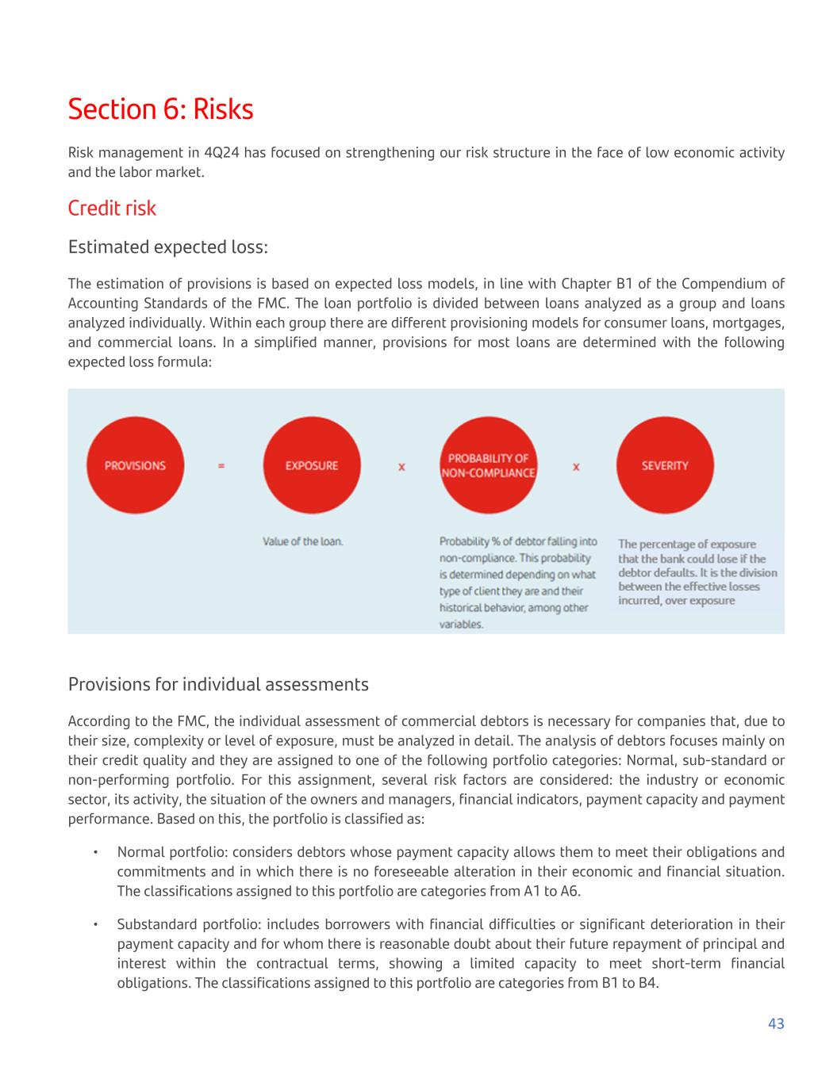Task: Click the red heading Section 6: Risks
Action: (x=160, y=109)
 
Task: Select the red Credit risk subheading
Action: (x=112, y=208)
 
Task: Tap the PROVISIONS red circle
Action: (x=135, y=465)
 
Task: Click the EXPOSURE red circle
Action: (x=311, y=465)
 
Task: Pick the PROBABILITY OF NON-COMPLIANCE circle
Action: (x=488, y=465)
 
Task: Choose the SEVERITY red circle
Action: (x=665, y=465)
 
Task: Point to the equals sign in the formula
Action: (x=221, y=466)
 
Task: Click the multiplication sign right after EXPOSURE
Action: (x=401, y=467)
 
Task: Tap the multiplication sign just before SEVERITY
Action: (x=576, y=467)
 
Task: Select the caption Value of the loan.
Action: (x=303, y=541)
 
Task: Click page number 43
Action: (x=776, y=1023)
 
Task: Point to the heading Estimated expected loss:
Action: (x=167, y=247)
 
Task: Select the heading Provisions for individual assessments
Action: (x=218, y=684)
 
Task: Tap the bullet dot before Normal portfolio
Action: (x=95, y=852)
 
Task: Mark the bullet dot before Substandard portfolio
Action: (x=95, y=924)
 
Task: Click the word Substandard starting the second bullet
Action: (x=155, y=924)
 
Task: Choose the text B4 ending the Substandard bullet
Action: (x=648, y=983)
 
